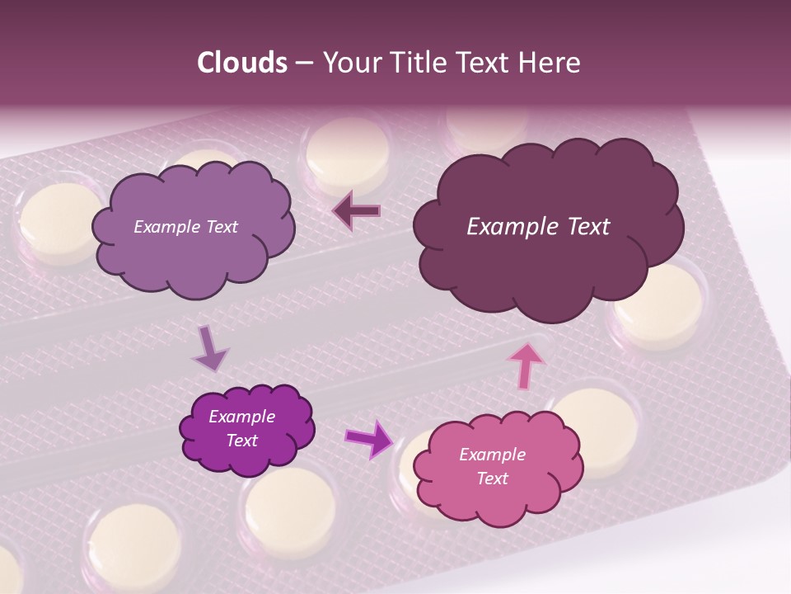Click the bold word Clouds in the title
click(x=242, y=63)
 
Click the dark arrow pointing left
click(x=357, y=211)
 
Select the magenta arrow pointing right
click(x=369, y=437)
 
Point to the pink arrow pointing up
click(x=527, y=365)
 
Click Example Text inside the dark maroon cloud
click(x=538, y=227)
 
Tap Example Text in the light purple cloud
click(x=185, y=227)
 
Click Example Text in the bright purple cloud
click(x=242, y=429)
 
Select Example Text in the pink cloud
click(x=493, y=466)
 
